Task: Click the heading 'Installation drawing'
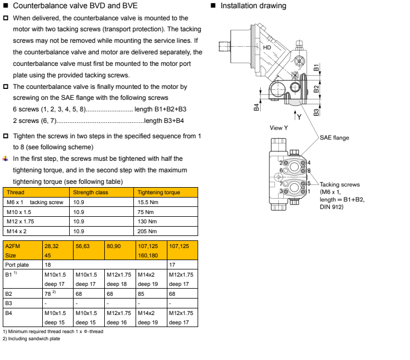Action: pos(253,6)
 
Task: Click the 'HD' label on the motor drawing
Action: pos(267,48)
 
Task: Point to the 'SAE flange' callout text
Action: pos(334,138)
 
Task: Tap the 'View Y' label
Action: pos(279,128)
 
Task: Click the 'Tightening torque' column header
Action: pos(159,193)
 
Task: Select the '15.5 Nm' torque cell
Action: pos(148,203)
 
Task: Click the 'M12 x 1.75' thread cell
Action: pos(20,222)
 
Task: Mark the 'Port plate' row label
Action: pos(16,265)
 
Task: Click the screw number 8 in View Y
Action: pos(308,171)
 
